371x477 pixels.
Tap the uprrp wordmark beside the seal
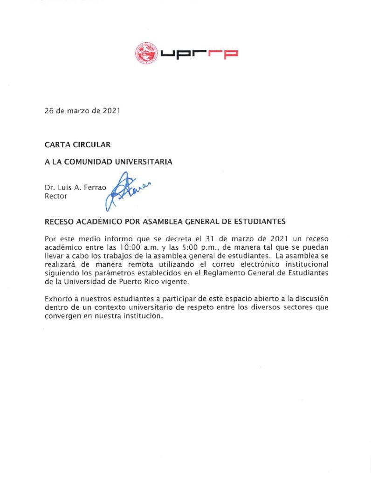(199, 54)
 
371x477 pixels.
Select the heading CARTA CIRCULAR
(77, 144)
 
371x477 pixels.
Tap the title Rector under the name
(56, 196)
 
